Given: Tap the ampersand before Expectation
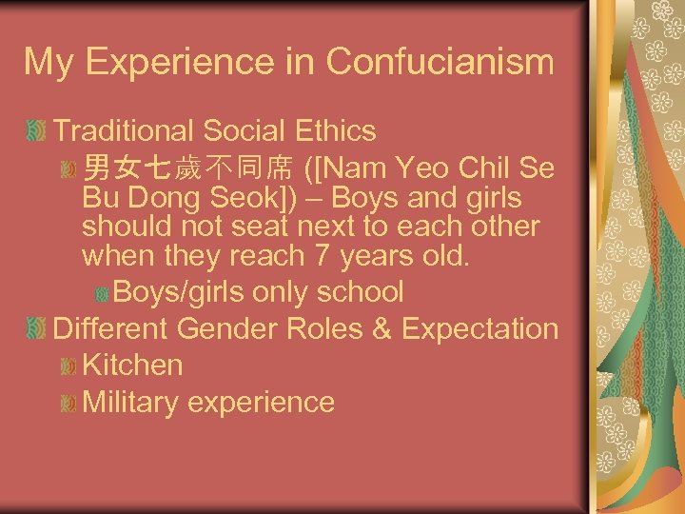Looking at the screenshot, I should click(x=384, y=328).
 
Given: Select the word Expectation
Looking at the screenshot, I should click(x=480, y=328).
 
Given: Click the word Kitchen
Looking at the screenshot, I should click(x=132, y=365).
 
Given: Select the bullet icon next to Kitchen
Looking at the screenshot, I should click(x=67, y=366).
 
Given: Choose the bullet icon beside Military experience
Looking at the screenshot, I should click(x=67, y=404).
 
